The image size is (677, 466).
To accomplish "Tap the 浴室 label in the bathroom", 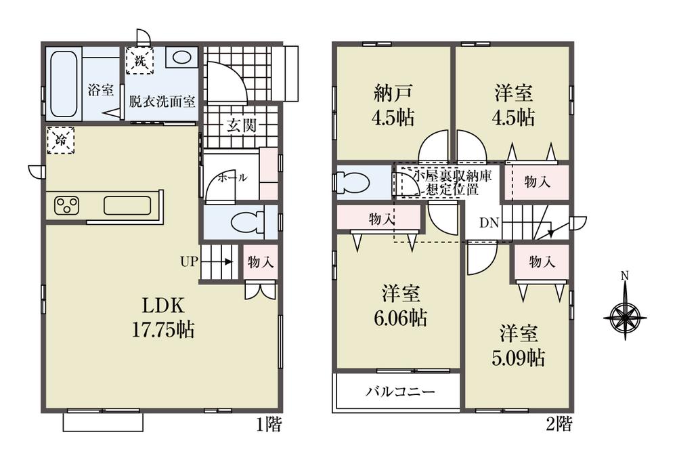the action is (x=100, y=89).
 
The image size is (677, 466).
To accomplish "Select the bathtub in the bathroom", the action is (x=64, y=83).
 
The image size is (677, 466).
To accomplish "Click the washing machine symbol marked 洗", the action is (x=140, y=60).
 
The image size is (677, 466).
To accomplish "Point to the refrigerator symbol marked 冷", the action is (x=61, y=142).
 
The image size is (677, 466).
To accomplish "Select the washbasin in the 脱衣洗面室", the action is (x=181, y=58).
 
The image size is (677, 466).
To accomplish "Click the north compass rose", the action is (x=626, y=314).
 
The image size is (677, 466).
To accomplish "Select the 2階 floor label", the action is (x=559, y=425).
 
